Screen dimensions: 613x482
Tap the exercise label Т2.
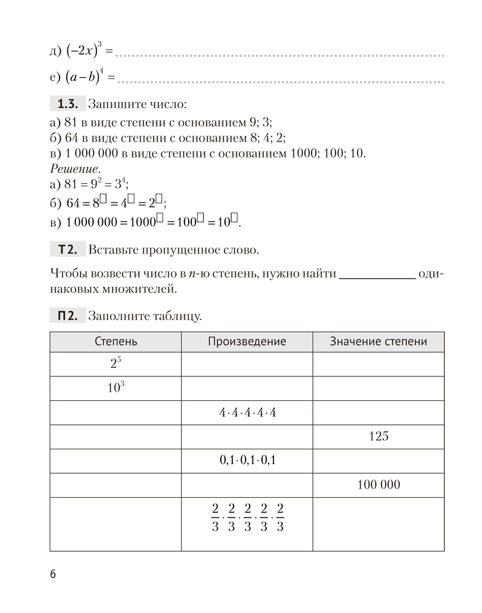click(x=66, y=249)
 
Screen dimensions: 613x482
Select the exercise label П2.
click(x=66, y=316)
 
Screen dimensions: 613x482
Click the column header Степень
click(x=115, y=342)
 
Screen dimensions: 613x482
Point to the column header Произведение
click(x=247, y=342)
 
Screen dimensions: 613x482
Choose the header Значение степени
click(x=378, y=342)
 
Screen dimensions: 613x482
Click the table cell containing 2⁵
click(x=115, y=364)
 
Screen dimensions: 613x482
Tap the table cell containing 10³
click(x=115, y=388)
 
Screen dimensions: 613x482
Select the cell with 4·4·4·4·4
click(x=247, y=413)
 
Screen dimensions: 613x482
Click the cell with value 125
click(x=379, y=437)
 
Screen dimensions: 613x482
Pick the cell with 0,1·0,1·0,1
click(x=247, y=461)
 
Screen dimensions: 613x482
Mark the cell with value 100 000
click(x=378, y=485)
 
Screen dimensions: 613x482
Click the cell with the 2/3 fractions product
click(x=247, y=518)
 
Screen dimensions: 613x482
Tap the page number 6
click(x=53, y=574)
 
